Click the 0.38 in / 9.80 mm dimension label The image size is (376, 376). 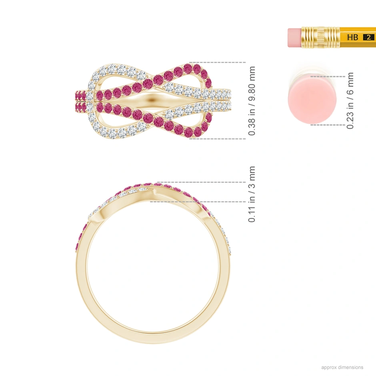pyautogui.click(x=252, y=101)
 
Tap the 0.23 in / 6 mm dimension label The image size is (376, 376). pyautogui.click(x=350, y=100)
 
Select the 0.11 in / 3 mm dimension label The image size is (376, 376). pyautogui.click(x=252, y=194)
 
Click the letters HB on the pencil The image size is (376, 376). pyautogui.click(x=352, y=37)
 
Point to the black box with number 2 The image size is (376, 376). pyautogui.click(x=368, y=37)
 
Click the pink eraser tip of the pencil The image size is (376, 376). pyautogui.click(x=294, y=37)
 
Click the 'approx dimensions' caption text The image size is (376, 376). pyautogui.click(x=342, y=367)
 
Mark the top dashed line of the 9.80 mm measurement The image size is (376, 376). pyautogui.click(x=218, y=62)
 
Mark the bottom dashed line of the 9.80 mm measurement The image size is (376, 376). pyautogui.click(x=218, y=139)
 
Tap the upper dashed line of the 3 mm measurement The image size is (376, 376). pyautogui.click(x=200, y=182)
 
